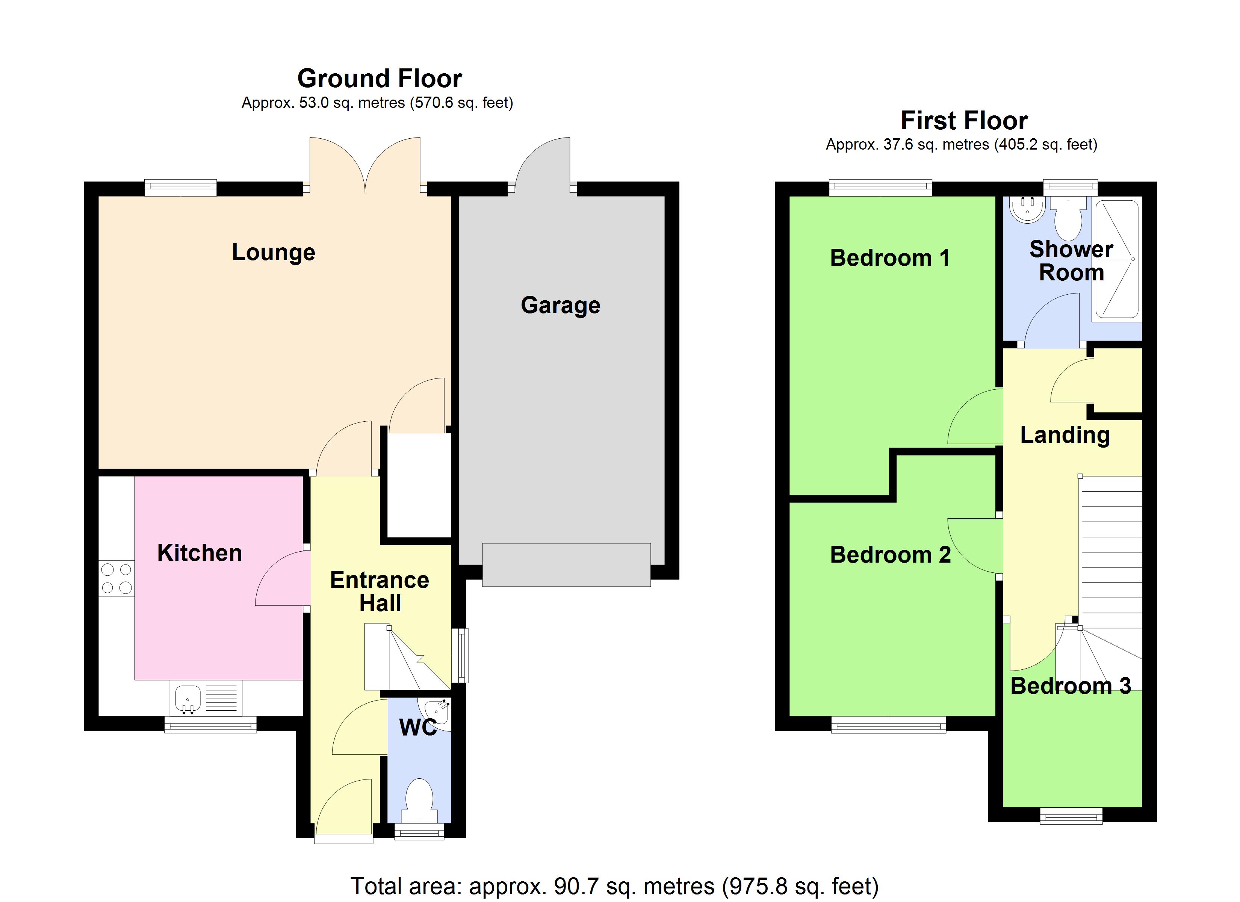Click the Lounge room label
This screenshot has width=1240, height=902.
(274, 253)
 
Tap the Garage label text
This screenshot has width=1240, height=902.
(560, 305)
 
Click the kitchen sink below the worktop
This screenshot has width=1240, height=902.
(188, 699)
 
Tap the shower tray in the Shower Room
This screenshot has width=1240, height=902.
(1115, 259)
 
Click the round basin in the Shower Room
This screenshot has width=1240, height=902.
(1027, 209)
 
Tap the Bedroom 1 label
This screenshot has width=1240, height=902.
(889, 258)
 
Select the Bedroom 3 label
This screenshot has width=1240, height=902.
(1070, 686)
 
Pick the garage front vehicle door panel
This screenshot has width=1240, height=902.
(566, 565)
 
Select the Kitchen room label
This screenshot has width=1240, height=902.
(200, 553)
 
